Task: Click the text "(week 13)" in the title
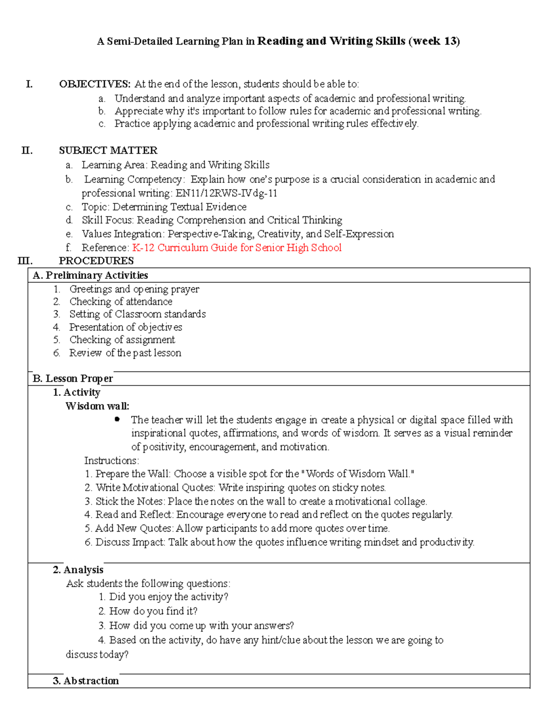(x=434, y=41)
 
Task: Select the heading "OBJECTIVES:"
(x=95, y=84)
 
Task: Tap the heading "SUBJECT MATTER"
(x=108, y=150)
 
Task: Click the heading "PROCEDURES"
(x=96, y=261)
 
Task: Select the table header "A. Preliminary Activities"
(x=90, y=276)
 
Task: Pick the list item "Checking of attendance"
(x=120, y=302)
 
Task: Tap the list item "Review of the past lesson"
(x=125, y=353)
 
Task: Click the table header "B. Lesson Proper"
(x=73, y=378)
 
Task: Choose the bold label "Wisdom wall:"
(x=98, y=406)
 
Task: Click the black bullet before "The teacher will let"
(x=117, y=419)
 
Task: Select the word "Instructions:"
(x=112, y=460)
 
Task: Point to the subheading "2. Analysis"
(x=78, y=570)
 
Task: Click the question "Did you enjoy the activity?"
(x=168, y=597)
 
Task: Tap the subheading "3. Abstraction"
(x=86, y=681)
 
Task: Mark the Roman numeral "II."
(x=27, y=150)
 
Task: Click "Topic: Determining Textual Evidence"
(x=164, y=207)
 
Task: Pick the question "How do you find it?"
(x=153, y=611)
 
